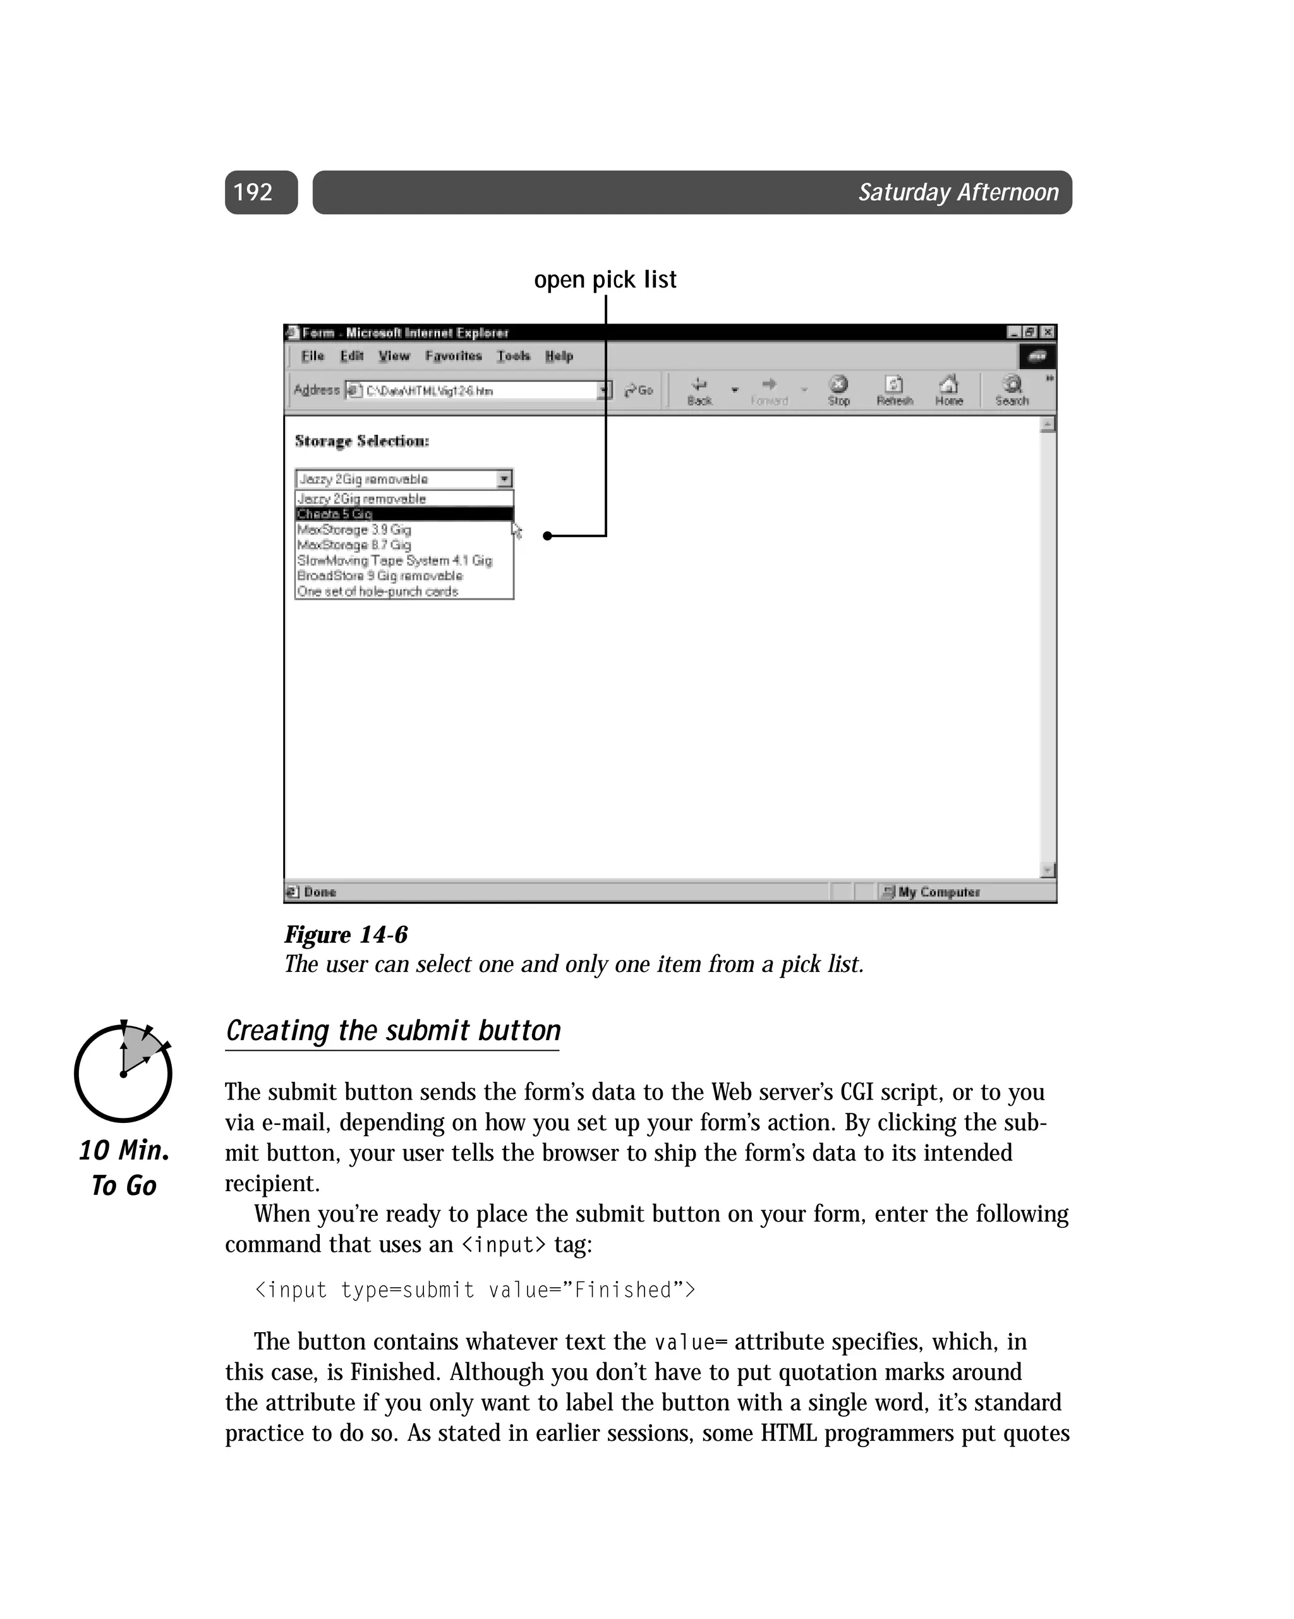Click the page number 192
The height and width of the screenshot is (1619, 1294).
tap(253, 192)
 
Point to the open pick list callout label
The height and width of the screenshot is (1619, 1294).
tap(605, 279)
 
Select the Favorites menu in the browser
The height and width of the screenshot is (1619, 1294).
tap(453, 356)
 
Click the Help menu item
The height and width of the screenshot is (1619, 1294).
tap(559, 356)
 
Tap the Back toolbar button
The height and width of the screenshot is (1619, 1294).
tap(699, 391)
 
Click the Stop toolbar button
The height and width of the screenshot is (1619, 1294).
tap(838, 391)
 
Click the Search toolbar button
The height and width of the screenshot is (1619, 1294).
tap(1012, 391)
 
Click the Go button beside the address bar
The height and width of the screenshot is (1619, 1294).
tap(639, 391)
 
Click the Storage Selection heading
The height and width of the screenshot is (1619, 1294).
tap(361, 441)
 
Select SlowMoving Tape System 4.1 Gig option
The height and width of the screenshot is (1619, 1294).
tap(394, 560)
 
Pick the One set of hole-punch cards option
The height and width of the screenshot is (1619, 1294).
tap(377, 591)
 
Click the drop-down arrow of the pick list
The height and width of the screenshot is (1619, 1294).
tap(505, 479)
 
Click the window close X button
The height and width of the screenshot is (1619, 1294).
tap(1048, 332)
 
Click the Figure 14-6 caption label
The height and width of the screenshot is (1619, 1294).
tap(346, 935)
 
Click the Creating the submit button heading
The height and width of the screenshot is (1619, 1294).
tap(393, 1030)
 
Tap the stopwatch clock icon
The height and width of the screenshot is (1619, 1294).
tap(123, 1072)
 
